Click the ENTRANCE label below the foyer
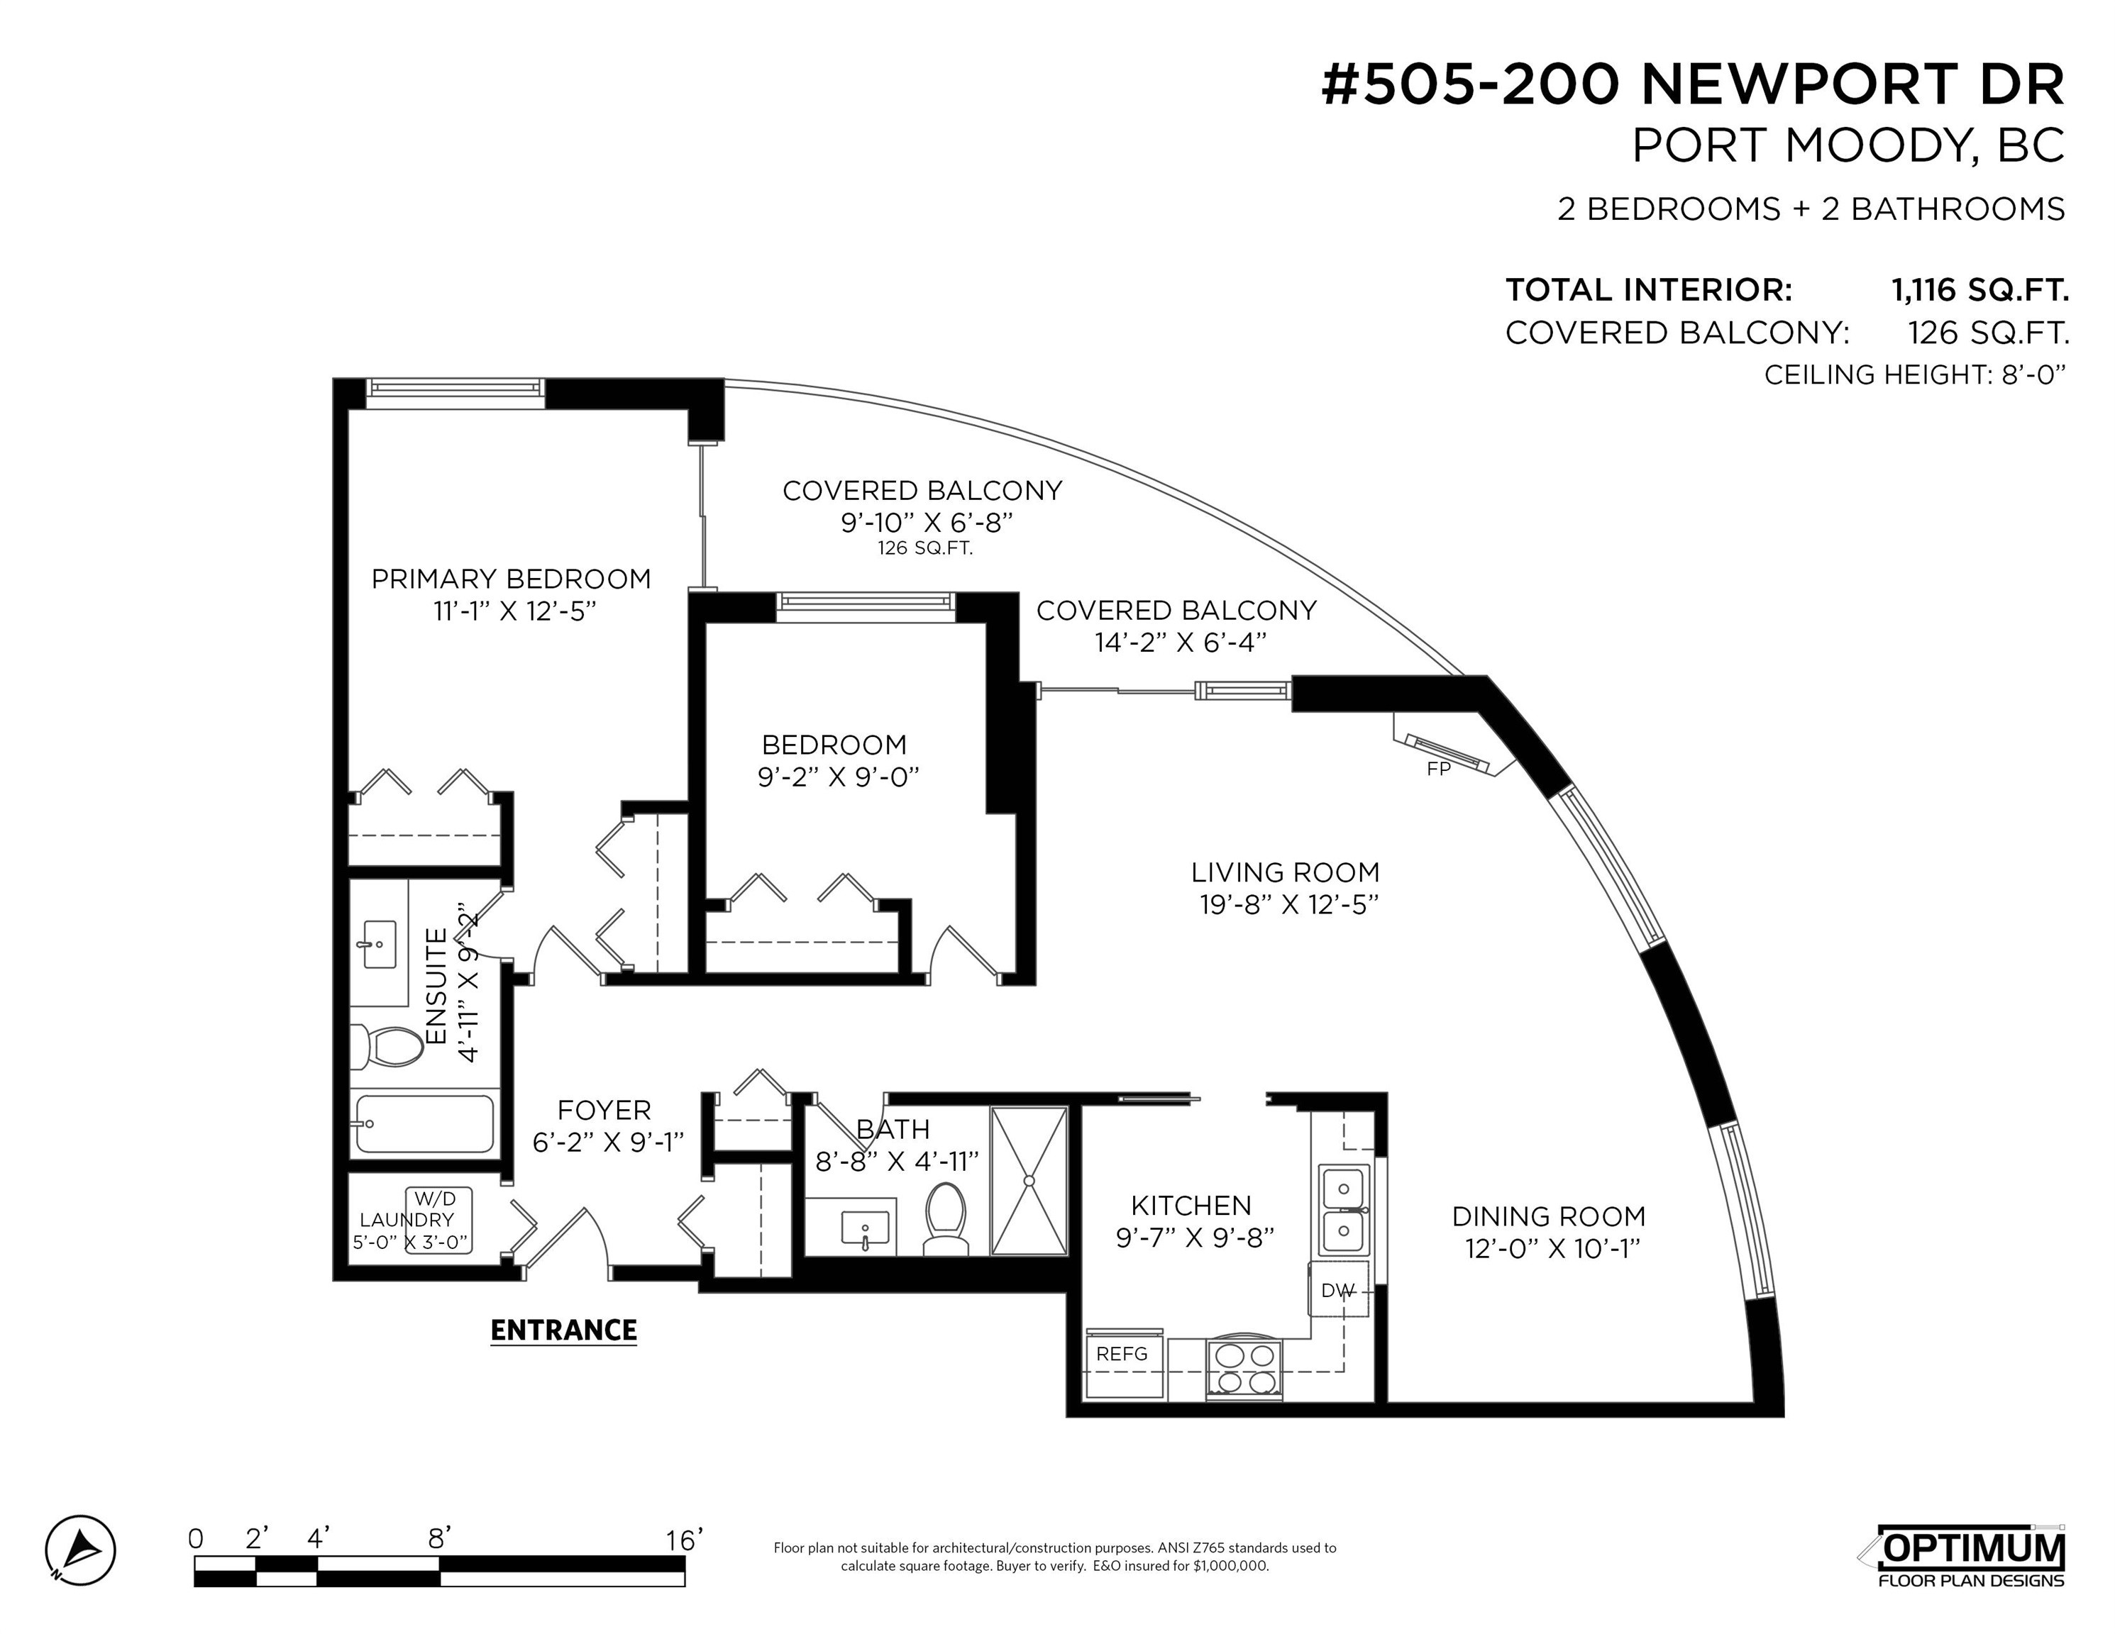pyautogui.click(x=563, y=1330)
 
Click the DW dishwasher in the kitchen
pyautogui.click(x=1338, y=1289)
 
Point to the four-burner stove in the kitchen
pyautogui.click(x=1244, y=1369)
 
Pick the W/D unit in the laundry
pyautogui.click(x=438, y=1221)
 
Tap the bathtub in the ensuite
pyautogui.click(x=424, y=1124)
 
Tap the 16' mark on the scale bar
pyautogui.click(x=685, y=1539)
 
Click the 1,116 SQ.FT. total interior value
pyautogui.click(x=1980, y=289)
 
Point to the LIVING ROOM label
pyautogui.click(x=1285, y=872)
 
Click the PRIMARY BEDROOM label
pyautogui.click(x=512, y=579)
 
